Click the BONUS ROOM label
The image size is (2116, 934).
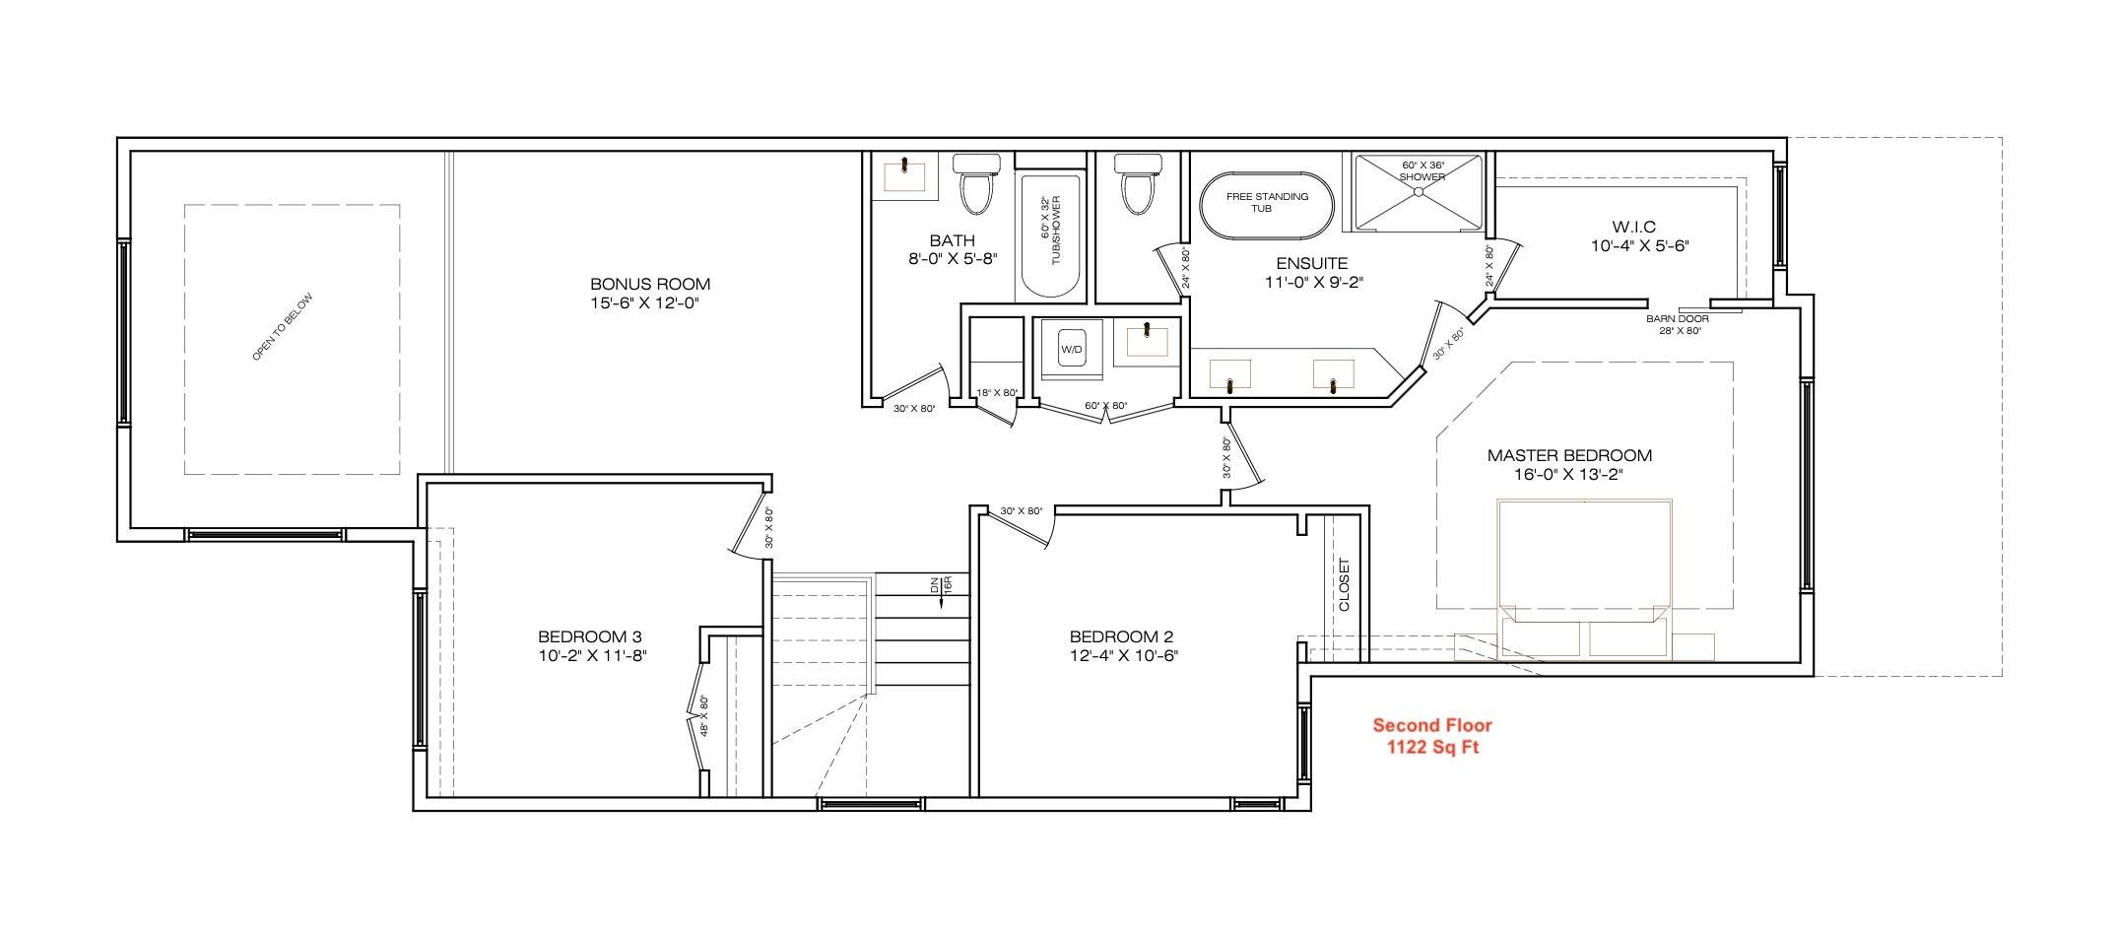point(649,284)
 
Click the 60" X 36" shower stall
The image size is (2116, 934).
point(1419,193)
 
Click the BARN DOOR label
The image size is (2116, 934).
point(1677,318)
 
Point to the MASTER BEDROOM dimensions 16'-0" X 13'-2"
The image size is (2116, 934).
point(1568,474)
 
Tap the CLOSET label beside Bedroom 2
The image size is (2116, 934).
point(1345,585)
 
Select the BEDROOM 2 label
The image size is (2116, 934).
point(1121,636)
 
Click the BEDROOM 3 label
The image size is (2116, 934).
point(590,636)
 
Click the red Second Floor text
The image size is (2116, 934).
point(1432,726)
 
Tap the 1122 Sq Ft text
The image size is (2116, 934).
point(1432,748)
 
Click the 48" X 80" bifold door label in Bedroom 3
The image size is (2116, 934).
point(704,717)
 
